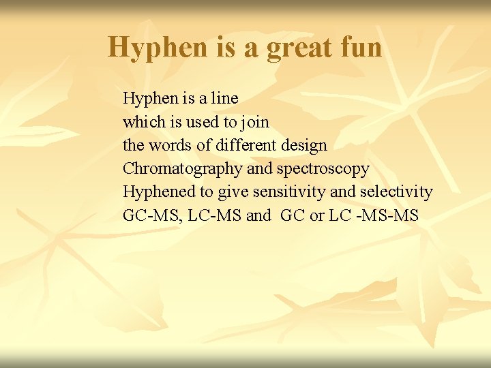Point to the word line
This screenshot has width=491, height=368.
point(224,98)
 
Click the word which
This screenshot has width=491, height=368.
point(141,122)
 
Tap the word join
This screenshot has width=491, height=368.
point(254,123)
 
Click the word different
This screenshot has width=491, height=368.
point(244,145)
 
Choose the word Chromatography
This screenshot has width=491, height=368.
point(182,169)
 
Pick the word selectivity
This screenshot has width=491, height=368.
point(396,192)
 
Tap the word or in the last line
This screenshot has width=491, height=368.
point(316,216)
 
